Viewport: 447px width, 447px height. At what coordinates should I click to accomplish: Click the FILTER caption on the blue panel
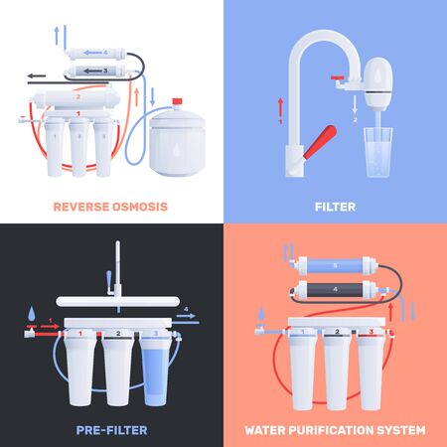[x=335, y=207]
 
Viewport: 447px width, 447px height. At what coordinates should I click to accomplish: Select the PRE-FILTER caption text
[x=111, y=429]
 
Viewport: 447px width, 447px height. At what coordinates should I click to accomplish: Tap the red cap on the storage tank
[x=179, y=101]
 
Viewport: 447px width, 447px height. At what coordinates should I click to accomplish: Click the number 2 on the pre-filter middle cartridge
[x=118, y=334]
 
